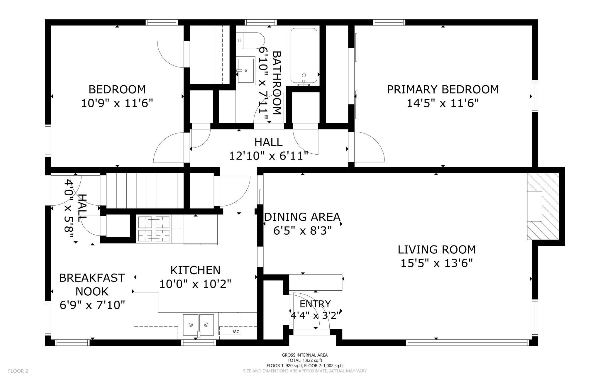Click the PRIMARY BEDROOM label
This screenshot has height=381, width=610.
point(443,89)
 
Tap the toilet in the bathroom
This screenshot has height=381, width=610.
point(250,40)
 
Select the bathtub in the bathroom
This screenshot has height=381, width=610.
point(304,56)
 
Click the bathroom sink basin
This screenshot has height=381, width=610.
point(246,70)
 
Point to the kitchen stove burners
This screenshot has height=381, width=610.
point(154,229)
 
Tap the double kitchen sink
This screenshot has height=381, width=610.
point(199,325)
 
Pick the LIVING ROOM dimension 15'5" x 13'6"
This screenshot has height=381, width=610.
point(437,263)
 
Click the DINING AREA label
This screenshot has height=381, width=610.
point(302,217)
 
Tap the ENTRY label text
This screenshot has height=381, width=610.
point(315,304)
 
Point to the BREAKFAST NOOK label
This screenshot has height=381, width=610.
point(92,285)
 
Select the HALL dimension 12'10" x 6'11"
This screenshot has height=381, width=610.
point(268,156)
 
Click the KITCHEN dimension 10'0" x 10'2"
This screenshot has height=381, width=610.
point(195,284)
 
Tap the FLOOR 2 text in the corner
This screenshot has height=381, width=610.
point(18,371)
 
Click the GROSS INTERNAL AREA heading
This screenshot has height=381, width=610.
point(305,355)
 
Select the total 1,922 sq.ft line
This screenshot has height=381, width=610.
point(305,360)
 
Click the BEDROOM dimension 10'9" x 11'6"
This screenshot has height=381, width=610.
point(117,103)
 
